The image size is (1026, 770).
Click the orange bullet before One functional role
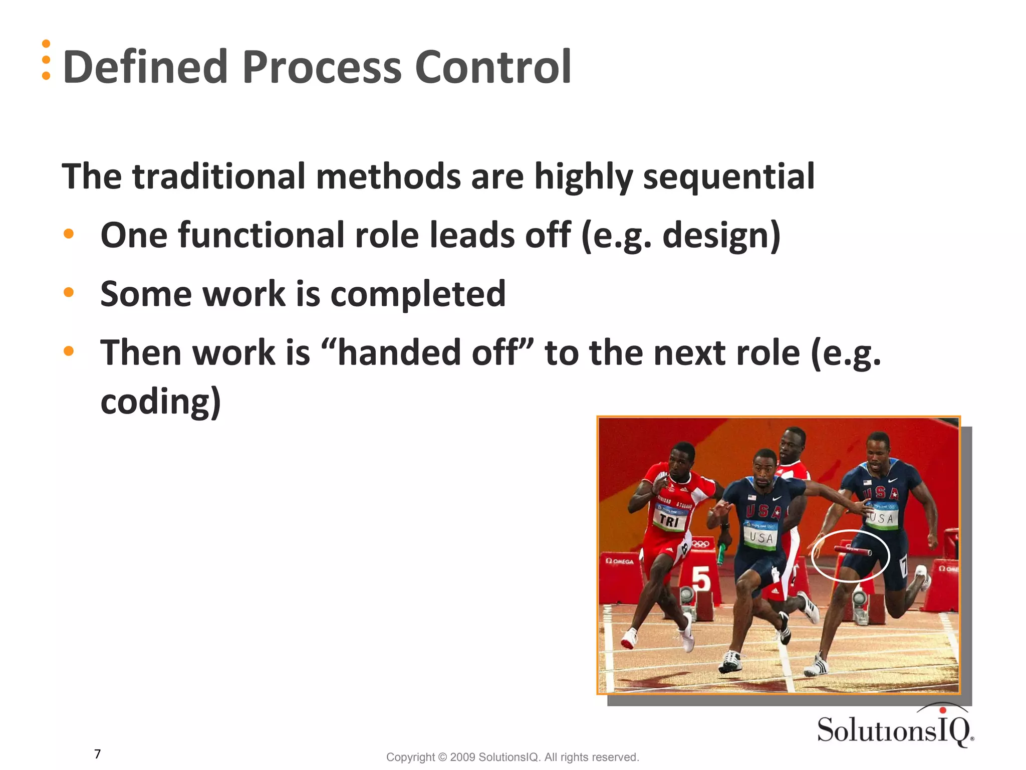(69, 234)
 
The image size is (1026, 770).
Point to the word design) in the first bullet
(721, 236)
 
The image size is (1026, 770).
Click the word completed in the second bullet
(418, 294)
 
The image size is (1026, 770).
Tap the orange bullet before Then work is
(69, 351)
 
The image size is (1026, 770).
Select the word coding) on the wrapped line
(160, 402)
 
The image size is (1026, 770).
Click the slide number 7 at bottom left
(98, 754)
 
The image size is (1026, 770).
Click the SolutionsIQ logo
(895, 728)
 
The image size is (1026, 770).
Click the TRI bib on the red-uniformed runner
(669, 520)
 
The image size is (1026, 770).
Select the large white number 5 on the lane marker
(701, 579)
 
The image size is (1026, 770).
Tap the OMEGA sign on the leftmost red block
(620, 561)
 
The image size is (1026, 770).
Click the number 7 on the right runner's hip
(904, 567)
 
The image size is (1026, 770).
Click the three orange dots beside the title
(46, 60)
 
